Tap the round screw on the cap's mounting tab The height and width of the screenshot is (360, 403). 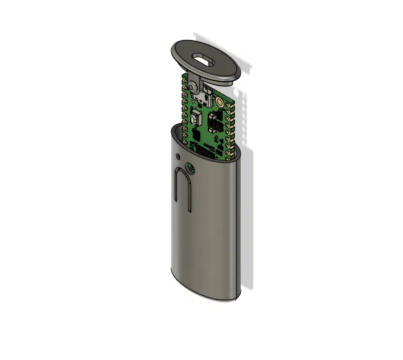[192, 84]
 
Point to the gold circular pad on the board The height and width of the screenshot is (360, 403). [220, 102]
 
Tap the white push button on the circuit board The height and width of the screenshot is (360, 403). [195, 118]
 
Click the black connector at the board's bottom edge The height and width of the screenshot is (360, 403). [210, 150]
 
